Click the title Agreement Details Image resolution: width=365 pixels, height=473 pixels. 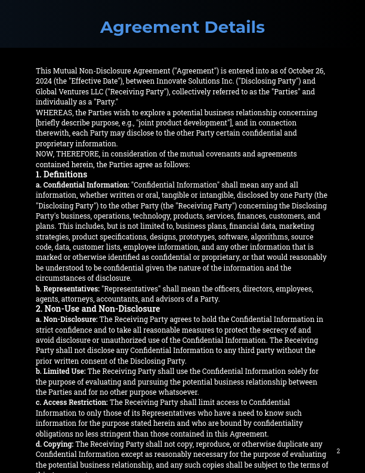182,27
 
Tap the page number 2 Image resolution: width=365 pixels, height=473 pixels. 338,451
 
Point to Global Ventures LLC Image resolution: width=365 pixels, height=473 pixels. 69,92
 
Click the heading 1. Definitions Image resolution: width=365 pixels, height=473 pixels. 61,174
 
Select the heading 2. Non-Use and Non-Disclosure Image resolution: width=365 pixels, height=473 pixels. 98,309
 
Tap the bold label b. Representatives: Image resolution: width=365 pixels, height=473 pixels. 67,288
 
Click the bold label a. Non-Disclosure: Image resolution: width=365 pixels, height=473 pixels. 67,320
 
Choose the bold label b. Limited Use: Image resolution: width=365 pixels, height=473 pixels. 61,371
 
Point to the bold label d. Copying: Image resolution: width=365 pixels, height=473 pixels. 54,444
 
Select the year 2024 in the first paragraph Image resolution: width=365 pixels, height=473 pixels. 44,81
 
